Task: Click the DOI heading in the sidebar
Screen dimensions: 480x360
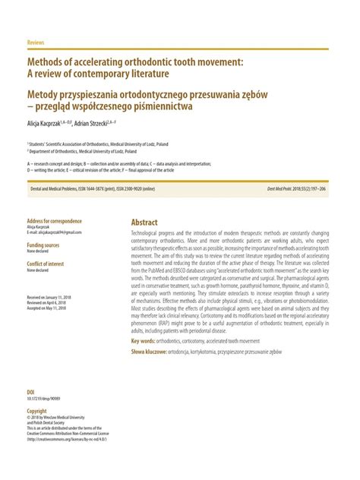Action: tap(31, 393)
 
